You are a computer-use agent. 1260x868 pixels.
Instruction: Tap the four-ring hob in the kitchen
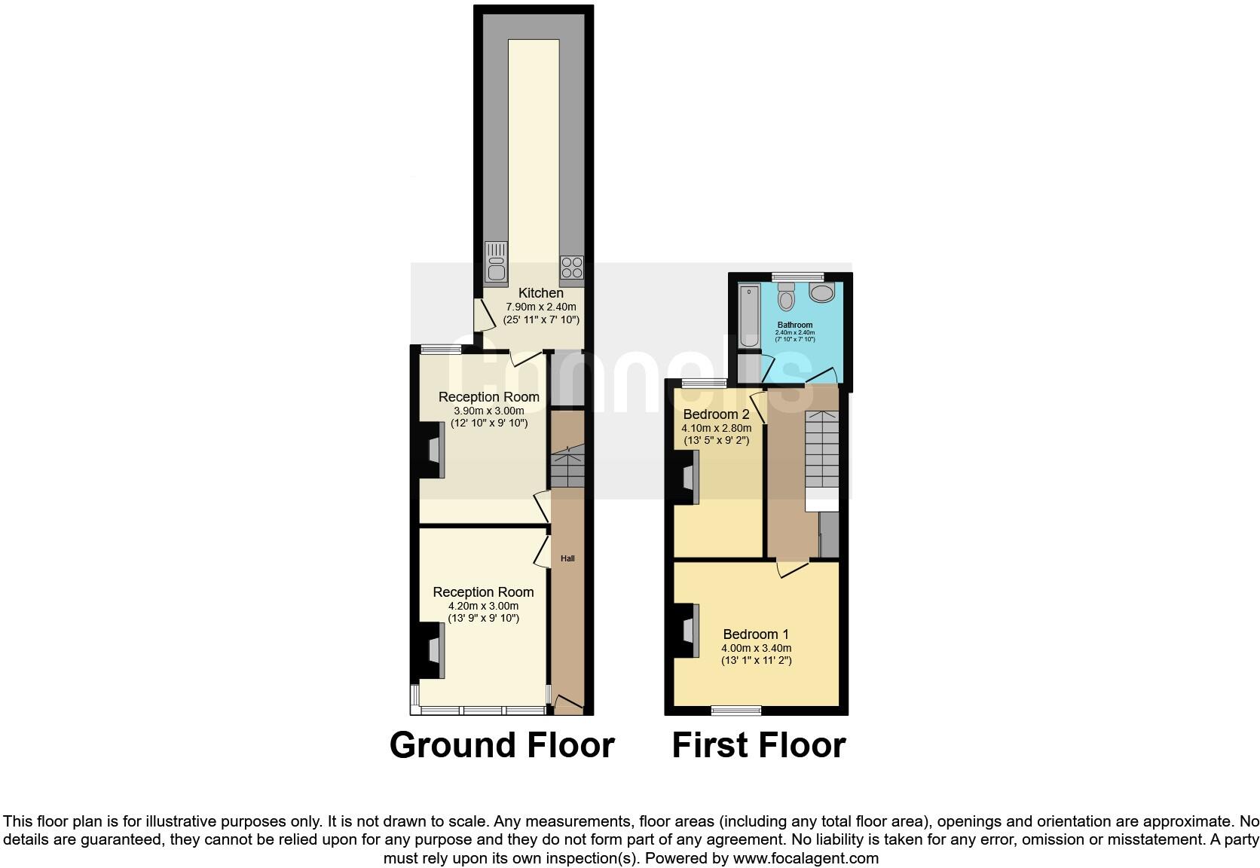click(x=572, y=267)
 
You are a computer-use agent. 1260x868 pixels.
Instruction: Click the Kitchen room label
click(x=540, y=293)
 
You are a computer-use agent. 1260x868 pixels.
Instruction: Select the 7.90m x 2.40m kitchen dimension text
click(x=540, y=307)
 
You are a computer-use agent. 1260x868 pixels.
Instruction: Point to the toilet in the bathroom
click(x=785, y=298)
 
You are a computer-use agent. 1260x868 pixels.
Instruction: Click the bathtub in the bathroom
click(x=749, y=316)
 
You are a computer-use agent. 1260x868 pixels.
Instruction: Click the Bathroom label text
click(x=795, y=325)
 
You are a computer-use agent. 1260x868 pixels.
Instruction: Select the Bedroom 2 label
click(x=716, y=414)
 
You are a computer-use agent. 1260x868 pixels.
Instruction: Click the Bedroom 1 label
click(x=756, y=634)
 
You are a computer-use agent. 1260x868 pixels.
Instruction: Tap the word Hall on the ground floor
click(x=567, y=558)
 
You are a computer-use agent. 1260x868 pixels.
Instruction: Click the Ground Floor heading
click(x=502, y=745)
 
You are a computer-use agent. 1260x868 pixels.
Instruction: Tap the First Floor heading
click(x=758, y=745)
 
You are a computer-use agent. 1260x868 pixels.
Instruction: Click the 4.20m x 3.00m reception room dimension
click(x=483, y=606)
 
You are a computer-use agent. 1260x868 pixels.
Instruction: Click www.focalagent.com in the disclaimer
click(x=806, y=858)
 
